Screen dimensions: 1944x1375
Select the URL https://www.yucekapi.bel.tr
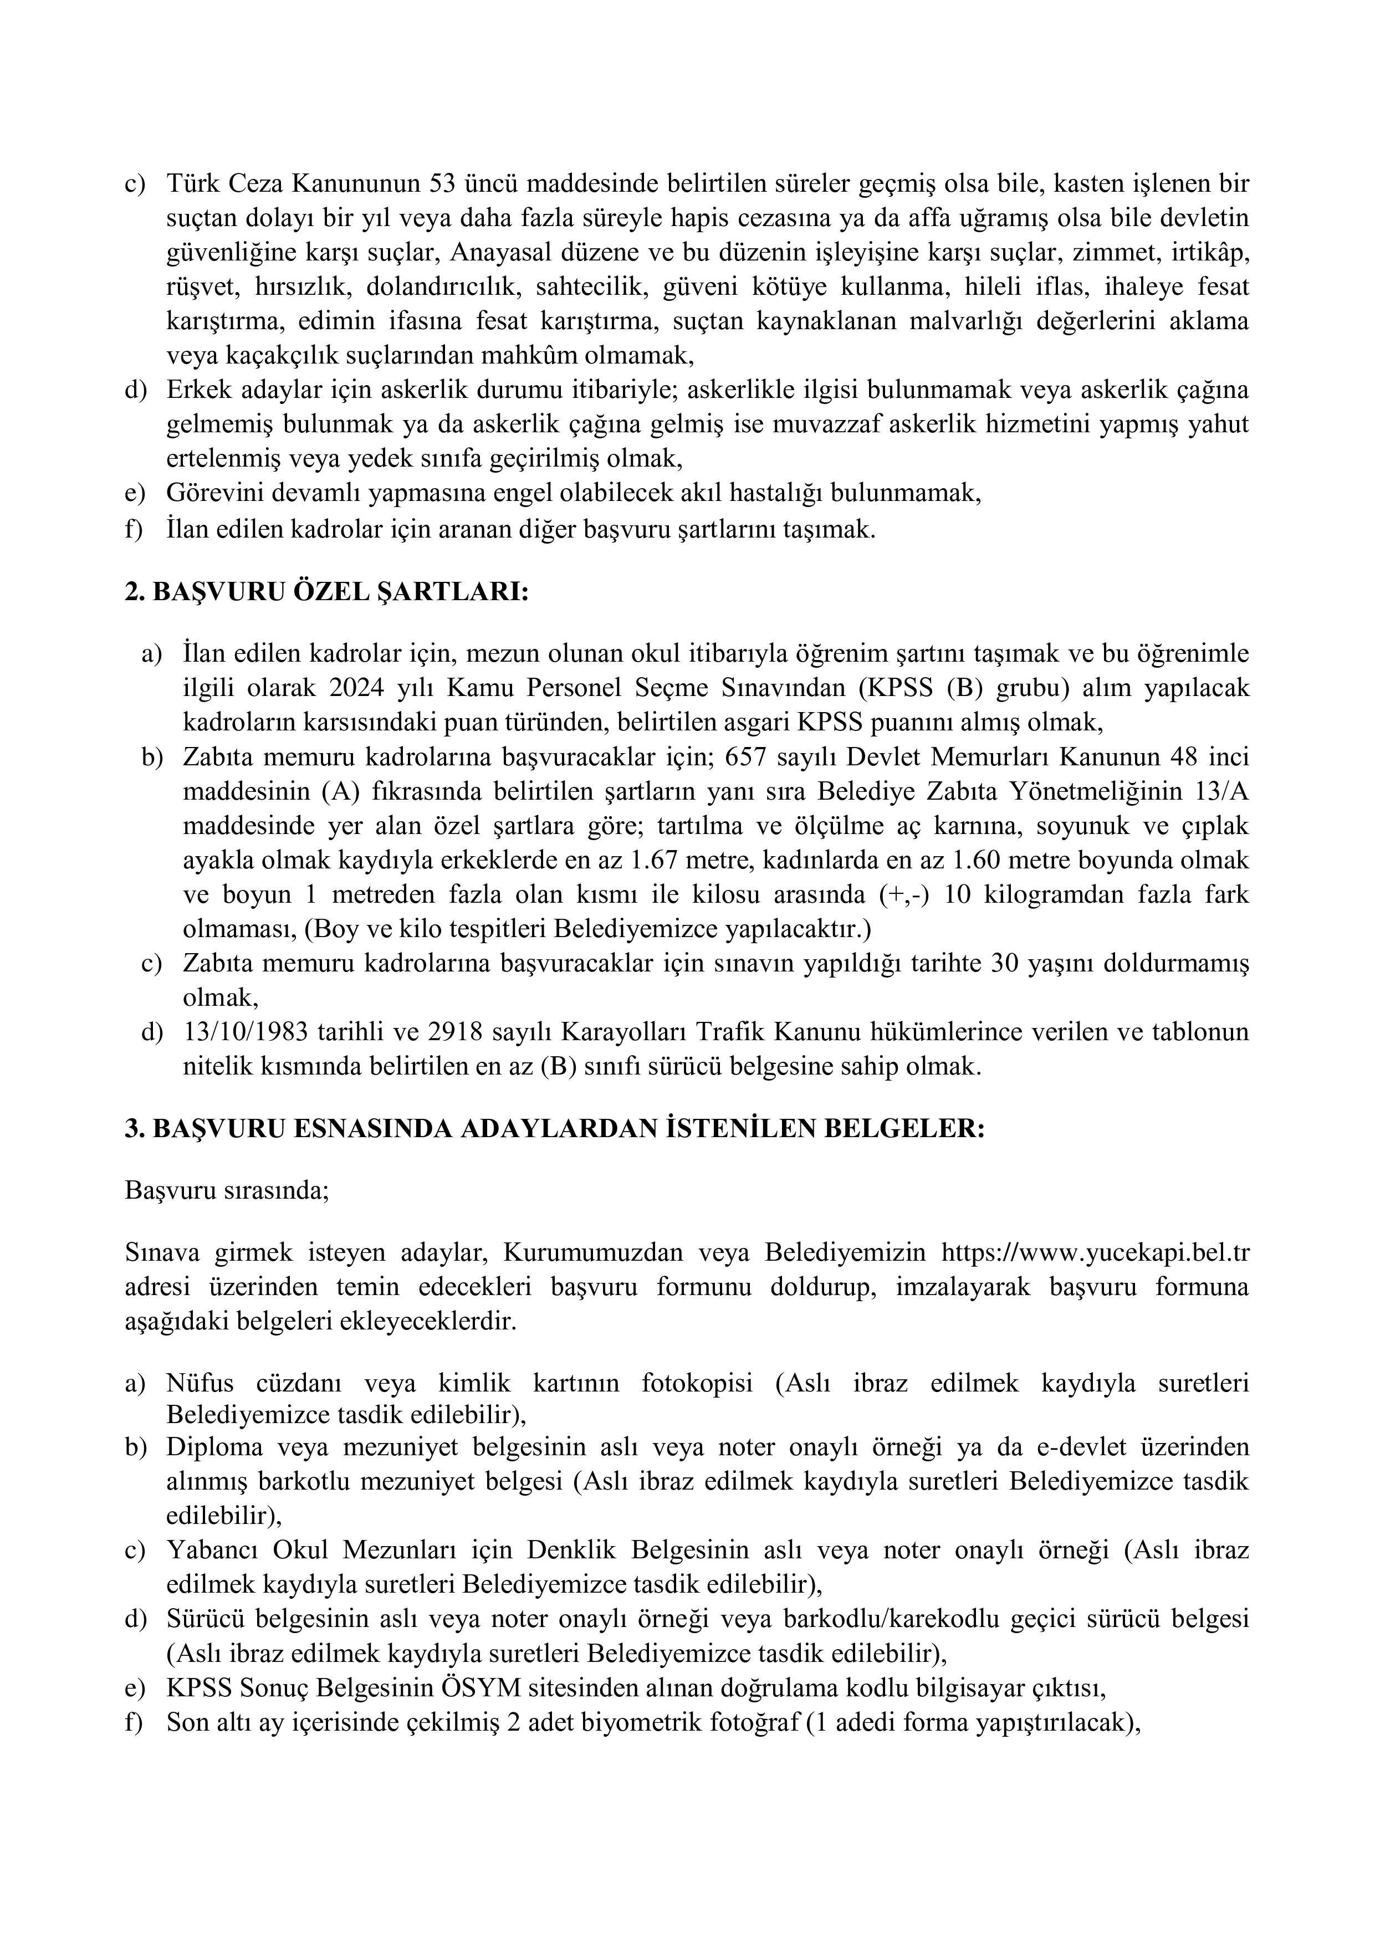click(x=1096, y=1252)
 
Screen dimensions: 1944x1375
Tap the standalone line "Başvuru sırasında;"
click(x=227, y=1190)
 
